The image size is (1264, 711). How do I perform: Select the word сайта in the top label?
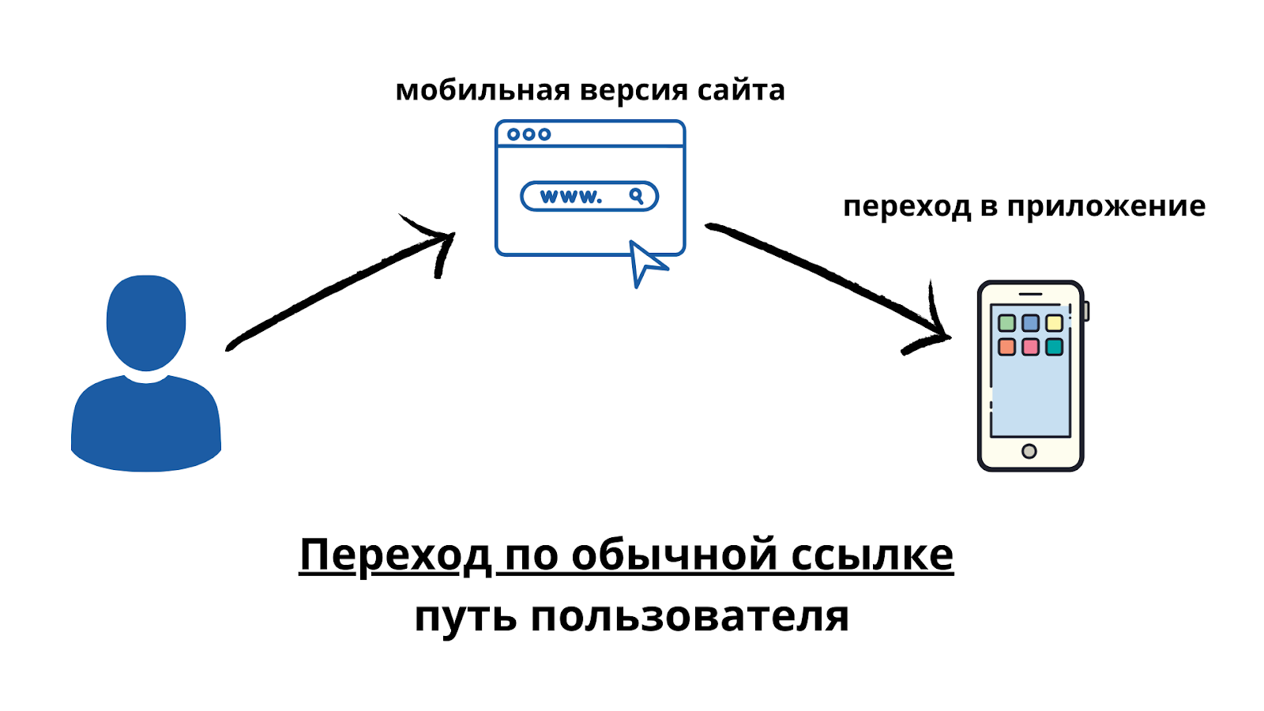click(x=741, y=90)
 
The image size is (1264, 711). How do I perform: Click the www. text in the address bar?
click(x=570, y=196)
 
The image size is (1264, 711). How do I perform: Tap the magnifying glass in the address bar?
click(x=637, y=196)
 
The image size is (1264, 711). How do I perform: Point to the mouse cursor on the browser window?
click(x=645, y=262)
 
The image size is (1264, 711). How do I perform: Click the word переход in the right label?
click(x=907, y=206)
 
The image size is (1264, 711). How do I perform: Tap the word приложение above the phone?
click(x=1106, y=206)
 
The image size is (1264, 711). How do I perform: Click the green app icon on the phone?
click(x=1006, y=323)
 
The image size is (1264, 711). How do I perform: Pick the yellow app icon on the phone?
click(x=1055, y=323)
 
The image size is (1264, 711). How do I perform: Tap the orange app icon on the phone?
click(x=1006, y=347)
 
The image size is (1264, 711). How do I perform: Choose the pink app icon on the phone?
click(x=1030, y=347)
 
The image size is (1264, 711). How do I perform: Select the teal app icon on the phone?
click(x=1055, y=347)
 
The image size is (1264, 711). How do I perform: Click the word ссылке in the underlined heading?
click(x=872, y=555)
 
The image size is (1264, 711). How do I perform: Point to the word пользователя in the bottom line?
click(x=690, y=617)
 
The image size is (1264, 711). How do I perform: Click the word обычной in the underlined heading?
click(x=674, y=555)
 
